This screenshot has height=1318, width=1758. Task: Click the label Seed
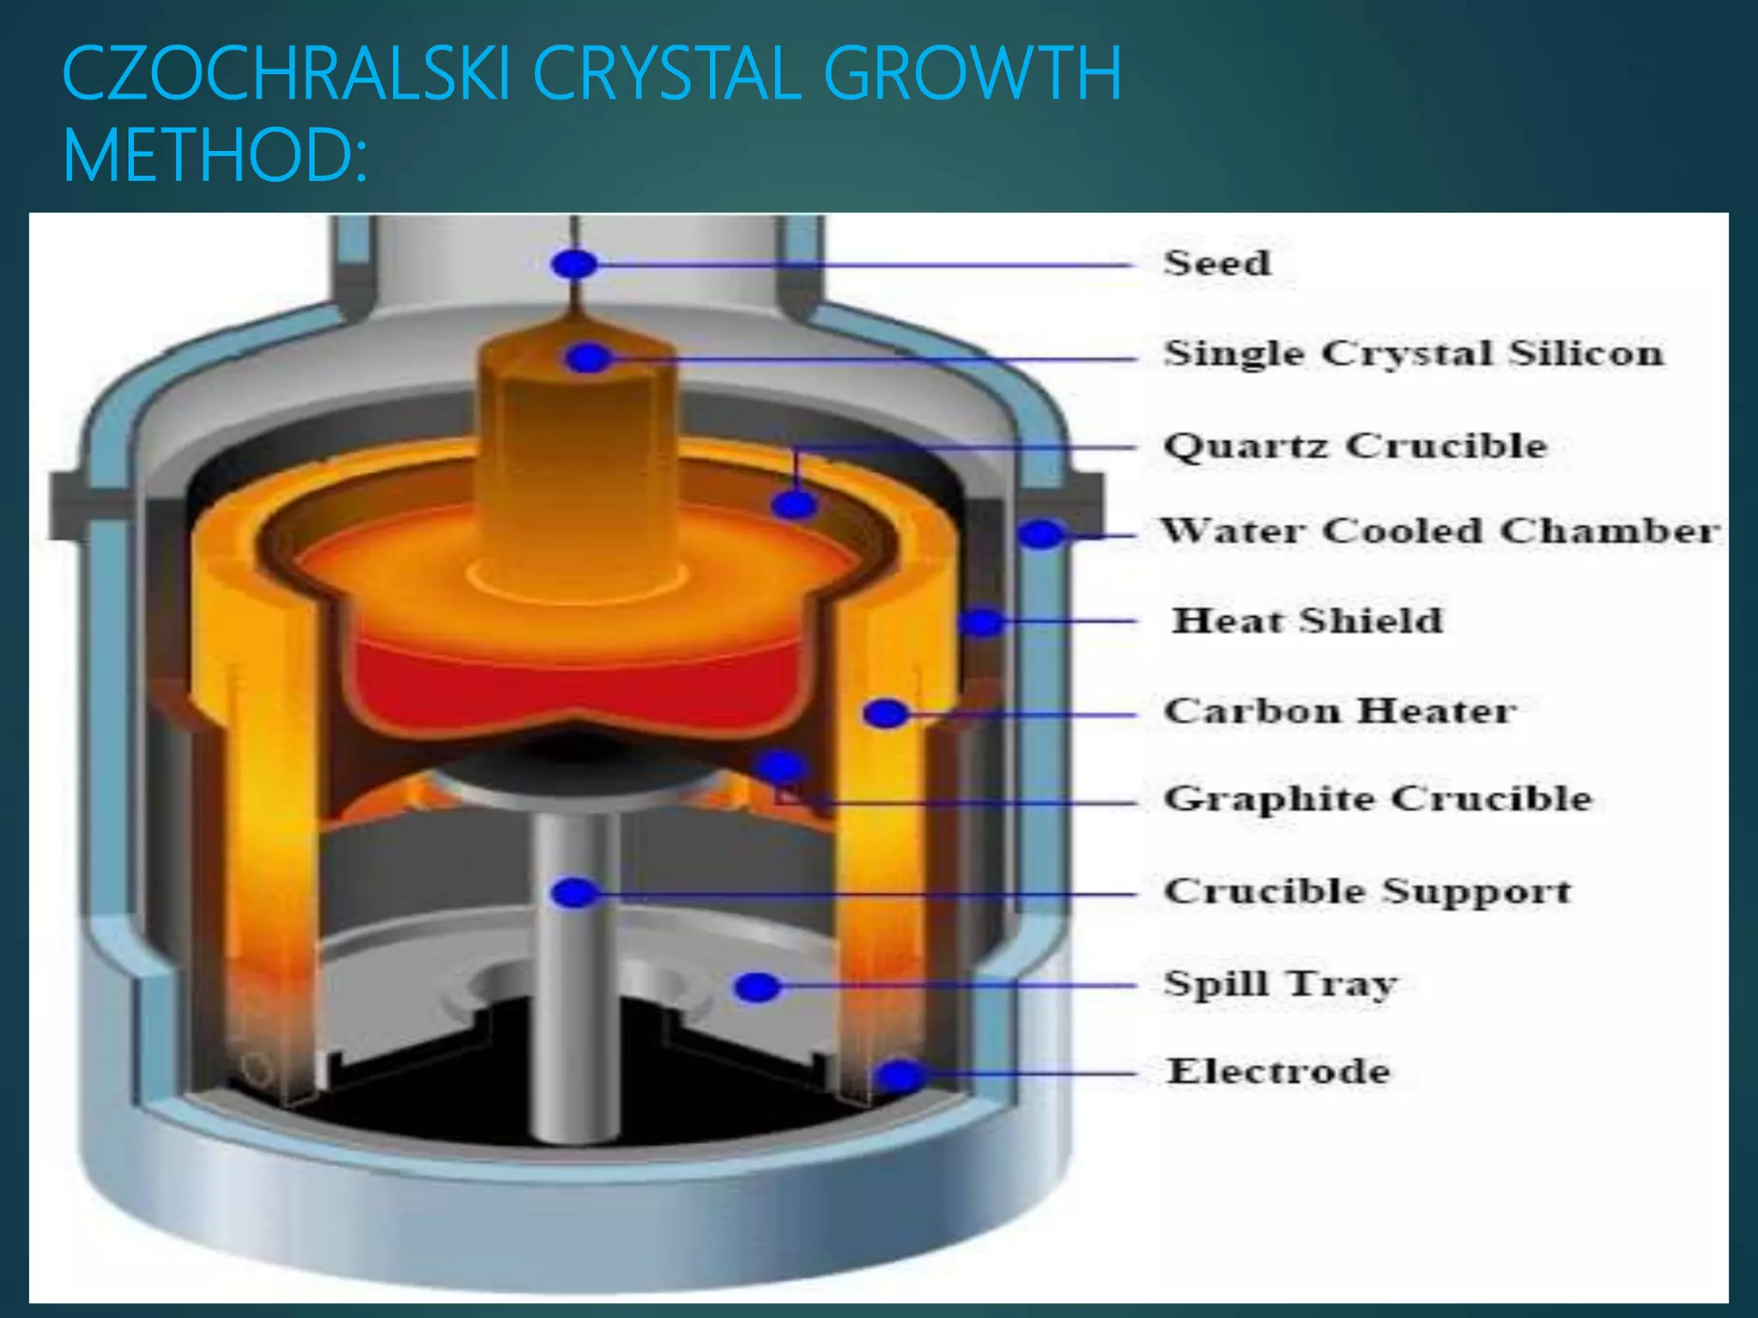(1216, 263)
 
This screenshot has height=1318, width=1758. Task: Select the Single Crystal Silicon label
(1413, 354)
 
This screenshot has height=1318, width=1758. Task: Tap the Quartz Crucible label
(1355, 446)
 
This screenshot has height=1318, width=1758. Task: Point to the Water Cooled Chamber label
(1440, 531)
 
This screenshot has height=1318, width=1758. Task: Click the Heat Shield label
(1306, 620)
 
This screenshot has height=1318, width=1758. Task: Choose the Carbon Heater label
(1339, 711)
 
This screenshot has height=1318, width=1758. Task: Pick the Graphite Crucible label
(1377, 799)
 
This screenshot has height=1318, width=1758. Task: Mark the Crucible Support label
(1367, 891)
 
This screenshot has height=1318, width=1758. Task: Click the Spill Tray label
(1280, 983)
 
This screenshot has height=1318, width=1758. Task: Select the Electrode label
(1277, 1072)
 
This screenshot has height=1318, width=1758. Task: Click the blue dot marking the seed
(574, 264)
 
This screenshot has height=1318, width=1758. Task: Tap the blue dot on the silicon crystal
(588, 358)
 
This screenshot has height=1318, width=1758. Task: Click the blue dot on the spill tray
(757, 987)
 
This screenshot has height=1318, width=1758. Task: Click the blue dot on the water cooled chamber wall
(1040, 534)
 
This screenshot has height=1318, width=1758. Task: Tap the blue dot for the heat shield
(981, 621)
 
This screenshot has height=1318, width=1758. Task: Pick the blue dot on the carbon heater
(886, 713)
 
